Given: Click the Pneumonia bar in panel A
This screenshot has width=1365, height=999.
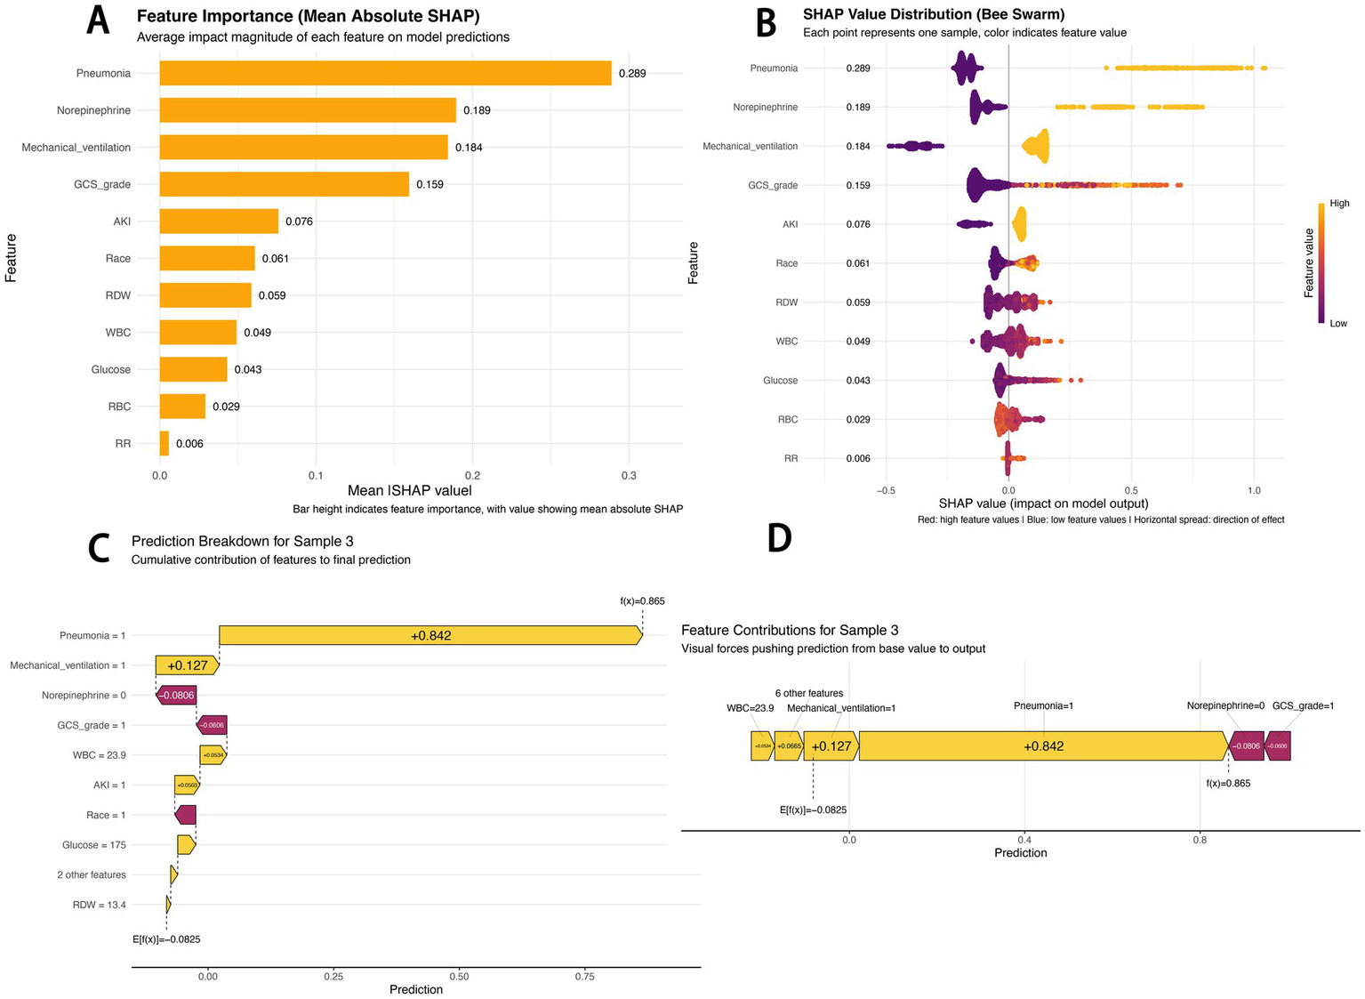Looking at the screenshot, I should click(385, 73).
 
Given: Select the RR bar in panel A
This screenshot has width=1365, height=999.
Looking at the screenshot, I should click(165, 443).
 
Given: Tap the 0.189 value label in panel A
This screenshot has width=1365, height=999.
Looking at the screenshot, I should click(477, 110).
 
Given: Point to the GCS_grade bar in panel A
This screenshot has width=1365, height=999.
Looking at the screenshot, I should click(285, 184).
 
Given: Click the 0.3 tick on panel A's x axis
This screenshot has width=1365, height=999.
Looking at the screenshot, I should click(629, 476).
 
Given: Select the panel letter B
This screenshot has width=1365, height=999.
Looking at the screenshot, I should click(766, 22).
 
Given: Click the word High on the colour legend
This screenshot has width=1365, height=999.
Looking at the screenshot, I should click(1339, 204).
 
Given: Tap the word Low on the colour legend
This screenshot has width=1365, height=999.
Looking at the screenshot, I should click(1338, 324).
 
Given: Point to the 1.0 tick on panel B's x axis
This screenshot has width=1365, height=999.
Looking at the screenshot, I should click(1254, 490).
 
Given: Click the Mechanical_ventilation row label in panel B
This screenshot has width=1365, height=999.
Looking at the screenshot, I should click(750, 146).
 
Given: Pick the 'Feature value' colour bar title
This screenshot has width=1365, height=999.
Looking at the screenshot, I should click(1309, 262).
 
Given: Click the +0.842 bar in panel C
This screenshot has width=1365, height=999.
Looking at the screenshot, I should click(430, 635).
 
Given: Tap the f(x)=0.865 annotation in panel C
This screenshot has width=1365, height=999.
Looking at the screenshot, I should click(642, 601).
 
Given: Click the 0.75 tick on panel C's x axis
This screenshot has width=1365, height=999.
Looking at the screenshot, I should click(585, 976).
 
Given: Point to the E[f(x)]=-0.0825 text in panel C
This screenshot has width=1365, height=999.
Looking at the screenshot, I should click(166, 939).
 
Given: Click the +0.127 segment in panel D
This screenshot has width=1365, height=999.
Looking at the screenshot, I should click(831, 746).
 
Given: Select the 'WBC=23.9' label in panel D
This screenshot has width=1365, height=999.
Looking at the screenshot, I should click(750, 708).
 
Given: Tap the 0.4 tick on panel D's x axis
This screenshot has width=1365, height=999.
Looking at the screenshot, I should click(1024, 839).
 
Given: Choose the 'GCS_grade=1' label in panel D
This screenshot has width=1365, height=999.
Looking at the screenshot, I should click(1303, 705).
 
